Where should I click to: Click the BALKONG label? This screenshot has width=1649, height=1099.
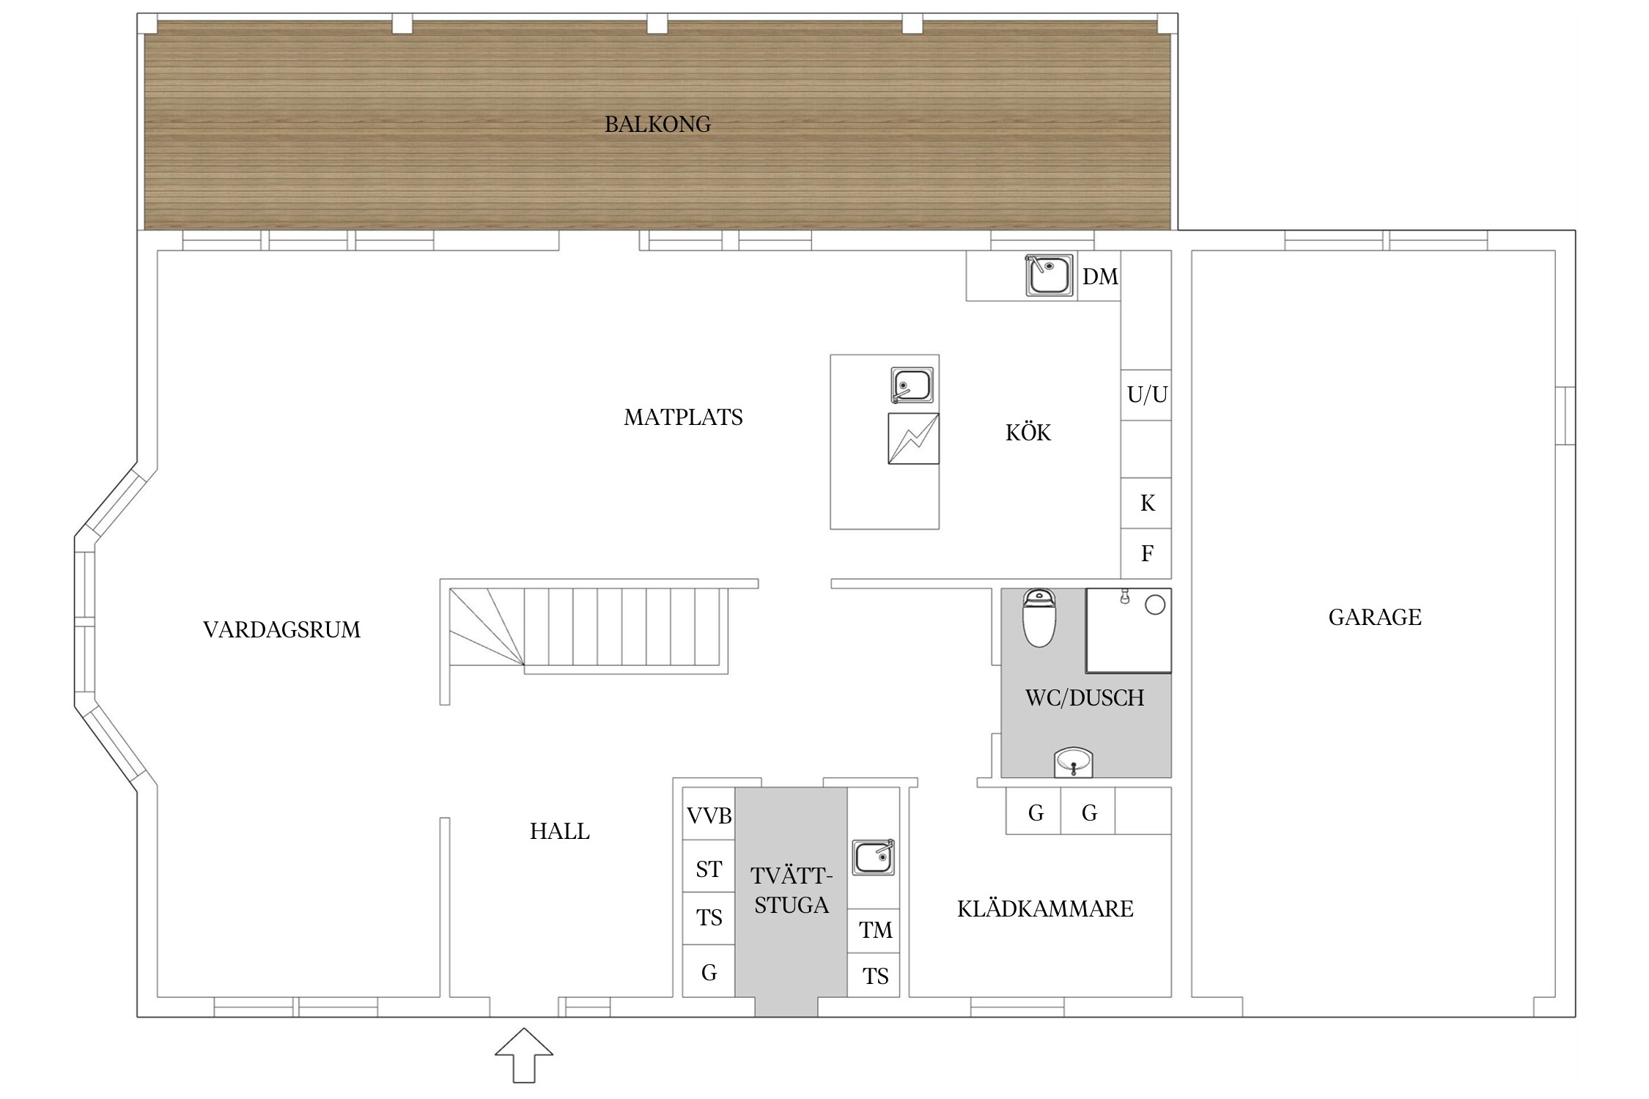657,125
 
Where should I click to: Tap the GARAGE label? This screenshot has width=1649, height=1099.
1375,618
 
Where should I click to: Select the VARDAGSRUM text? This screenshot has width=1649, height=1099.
282,630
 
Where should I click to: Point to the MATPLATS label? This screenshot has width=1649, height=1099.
683,418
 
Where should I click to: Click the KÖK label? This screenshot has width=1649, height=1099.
1028,432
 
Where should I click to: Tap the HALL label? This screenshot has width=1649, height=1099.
560,832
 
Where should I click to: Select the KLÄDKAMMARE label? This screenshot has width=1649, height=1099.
1045,909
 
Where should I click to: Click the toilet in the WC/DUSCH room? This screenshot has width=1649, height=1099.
1039,618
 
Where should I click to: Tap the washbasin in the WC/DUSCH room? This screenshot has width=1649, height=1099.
1074,762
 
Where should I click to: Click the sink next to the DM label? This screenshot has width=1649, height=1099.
1049,275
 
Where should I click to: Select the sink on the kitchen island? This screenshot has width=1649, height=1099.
912,385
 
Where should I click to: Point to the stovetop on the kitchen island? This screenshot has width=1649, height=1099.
913,439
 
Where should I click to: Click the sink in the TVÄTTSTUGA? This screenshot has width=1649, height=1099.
873,857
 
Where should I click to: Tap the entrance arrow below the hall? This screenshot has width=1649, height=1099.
524,1055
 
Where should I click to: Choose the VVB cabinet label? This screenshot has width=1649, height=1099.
709,815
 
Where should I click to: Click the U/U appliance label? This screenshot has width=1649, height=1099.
1147,395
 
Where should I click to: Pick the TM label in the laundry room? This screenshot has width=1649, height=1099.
876,930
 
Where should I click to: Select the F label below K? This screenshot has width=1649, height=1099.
1148,553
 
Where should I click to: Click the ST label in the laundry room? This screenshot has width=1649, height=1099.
709,870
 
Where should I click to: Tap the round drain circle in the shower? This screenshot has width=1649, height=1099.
1155,605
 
